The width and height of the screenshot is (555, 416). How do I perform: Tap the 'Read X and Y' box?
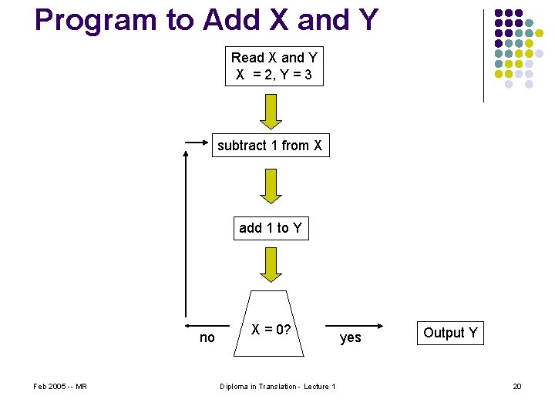[x=274, y=66]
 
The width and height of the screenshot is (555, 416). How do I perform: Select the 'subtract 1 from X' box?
[x=270, y=146]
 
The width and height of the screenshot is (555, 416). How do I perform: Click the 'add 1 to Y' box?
[x=271, y=228]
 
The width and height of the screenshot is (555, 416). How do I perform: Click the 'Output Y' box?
[x=450, y=333]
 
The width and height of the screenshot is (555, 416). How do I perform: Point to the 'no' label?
[x=207, y=337]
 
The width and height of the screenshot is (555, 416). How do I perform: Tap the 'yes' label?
[x=350, y=337]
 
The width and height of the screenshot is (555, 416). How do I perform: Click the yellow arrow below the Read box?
[x=271, y=111]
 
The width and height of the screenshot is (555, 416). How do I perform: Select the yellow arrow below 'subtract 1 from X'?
[x=271, y=186]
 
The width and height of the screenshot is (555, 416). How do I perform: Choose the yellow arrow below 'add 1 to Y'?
[x=271, y=265]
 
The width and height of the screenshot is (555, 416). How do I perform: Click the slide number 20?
[x=517, y=386]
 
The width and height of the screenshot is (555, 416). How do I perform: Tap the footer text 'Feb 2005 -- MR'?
[x=60, y=386]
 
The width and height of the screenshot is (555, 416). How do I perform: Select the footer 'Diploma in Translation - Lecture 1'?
[x=277, y=386]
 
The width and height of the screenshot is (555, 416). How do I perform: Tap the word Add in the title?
[x=229, y=21]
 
